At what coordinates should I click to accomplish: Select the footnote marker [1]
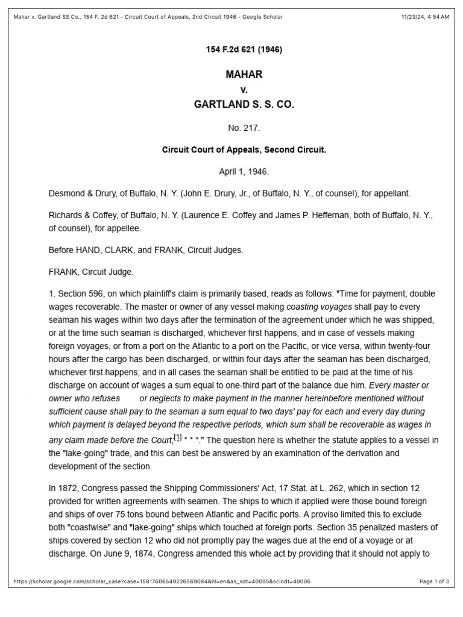click(177, 437)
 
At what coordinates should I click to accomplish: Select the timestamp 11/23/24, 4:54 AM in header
click(424, 17)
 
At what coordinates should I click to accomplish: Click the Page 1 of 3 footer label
click(434, 581)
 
